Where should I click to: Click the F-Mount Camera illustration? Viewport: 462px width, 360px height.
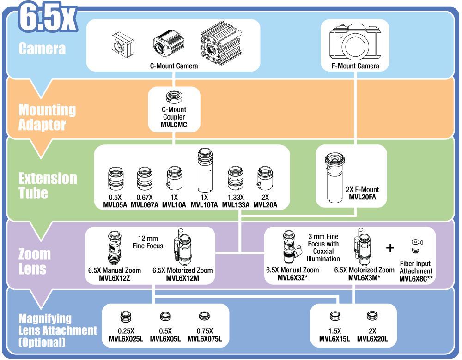tap(355, 42)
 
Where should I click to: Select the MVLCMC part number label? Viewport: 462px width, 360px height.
tap(174, 125)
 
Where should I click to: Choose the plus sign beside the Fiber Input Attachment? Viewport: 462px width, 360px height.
tap(390, 248)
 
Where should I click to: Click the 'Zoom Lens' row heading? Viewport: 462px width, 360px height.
tap(35, 261)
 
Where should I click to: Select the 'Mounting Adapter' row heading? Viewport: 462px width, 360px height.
tap(47, 117)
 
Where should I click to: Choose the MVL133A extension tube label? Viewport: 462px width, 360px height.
tap(236, 205)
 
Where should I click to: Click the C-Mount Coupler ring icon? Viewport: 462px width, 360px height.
tap(174, 97)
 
